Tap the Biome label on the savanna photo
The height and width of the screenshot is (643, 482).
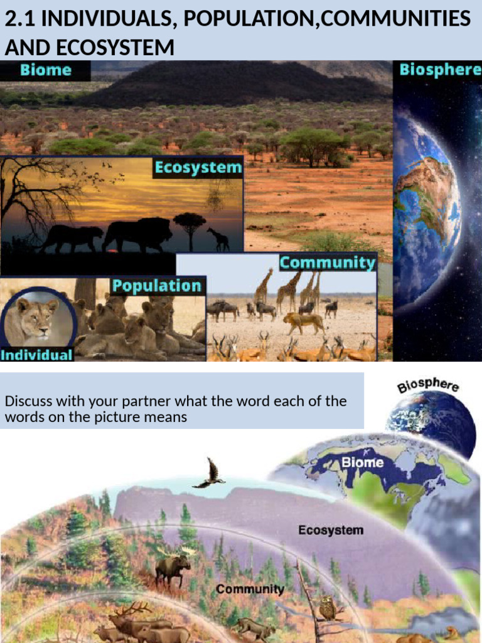click(x=45, y=70)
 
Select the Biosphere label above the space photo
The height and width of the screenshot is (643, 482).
click(x=440, y=69)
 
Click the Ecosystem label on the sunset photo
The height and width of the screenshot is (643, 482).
click(x=198, y=168)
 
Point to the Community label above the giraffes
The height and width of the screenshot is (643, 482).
click(x=327, y=262)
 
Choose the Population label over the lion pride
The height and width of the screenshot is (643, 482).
click(x=157, y=286)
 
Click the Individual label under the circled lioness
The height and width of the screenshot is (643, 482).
click(x=36, y=355)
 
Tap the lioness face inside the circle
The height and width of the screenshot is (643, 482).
click(x=36, y=318)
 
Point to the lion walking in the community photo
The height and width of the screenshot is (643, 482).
click(x=304, y=322)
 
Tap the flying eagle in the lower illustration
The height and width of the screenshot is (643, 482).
click(x=210, y=474)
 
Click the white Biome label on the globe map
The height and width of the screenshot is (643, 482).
click(x=362, y=463)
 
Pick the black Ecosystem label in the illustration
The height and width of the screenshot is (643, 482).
click(x=330, y=530)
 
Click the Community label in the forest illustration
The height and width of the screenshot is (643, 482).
click(x=250, y=590)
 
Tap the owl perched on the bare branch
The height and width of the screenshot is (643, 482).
click(x=326, y=607)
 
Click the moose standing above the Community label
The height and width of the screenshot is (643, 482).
click(x=173, y=566)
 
